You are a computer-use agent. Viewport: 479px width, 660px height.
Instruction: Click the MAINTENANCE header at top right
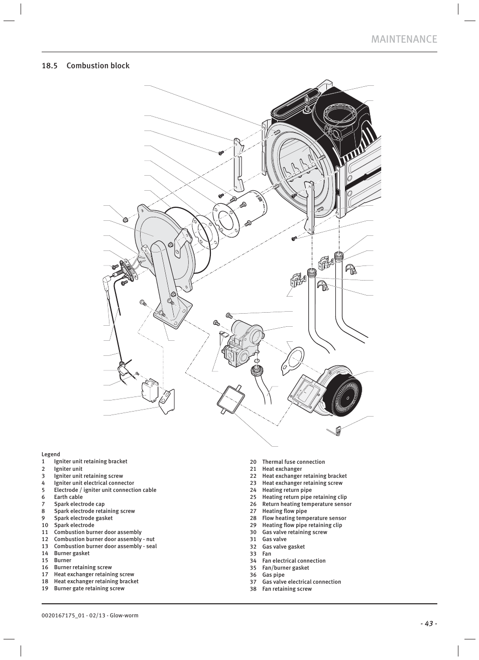coord(404,39)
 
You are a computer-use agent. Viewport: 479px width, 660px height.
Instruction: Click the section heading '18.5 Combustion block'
coord(85,66)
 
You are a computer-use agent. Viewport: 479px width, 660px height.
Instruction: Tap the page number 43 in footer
coord(429,623)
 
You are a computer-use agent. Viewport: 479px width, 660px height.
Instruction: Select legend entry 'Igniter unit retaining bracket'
coord(90,461)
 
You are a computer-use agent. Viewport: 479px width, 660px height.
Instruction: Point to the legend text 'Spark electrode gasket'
coord(83,518)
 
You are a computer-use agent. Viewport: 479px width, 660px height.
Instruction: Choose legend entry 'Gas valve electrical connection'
coord(301,582)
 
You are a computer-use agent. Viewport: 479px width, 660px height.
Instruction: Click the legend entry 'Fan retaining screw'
coord(287,589)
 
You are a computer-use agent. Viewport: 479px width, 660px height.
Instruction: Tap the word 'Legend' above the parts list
coord(51,454)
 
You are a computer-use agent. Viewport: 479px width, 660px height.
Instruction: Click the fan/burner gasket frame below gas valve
coord(229,399)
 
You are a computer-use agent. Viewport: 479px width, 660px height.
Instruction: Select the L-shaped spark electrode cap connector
coord(108,283)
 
